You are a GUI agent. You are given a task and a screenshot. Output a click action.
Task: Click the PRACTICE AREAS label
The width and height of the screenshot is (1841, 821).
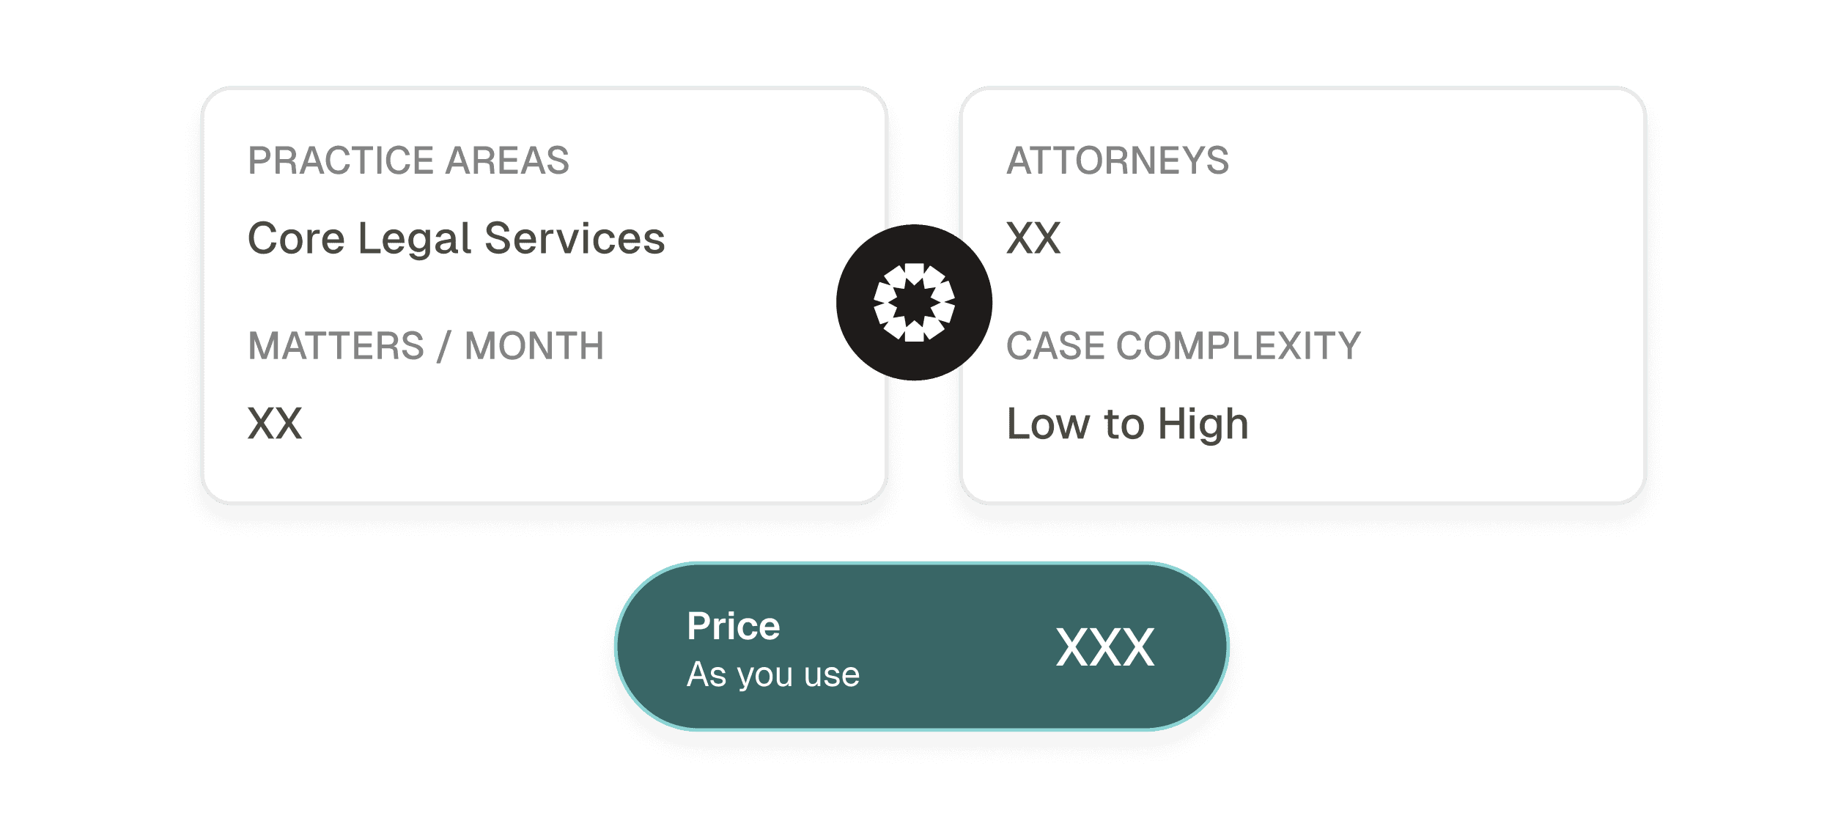click(x=408, y=161)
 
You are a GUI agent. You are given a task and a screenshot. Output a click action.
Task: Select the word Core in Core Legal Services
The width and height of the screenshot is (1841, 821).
click(x=296, y=238)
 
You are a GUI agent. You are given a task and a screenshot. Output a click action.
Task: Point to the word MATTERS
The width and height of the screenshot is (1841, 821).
click(x=336, y=346)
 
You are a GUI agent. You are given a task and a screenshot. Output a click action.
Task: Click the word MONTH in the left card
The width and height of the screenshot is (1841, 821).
click(x=534, y=346)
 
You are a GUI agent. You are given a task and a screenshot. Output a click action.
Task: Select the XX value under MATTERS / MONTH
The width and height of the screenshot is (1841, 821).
click(x=275, y=424)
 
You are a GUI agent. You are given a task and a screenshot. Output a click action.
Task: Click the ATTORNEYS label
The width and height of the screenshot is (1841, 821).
click(x=1118, y=161)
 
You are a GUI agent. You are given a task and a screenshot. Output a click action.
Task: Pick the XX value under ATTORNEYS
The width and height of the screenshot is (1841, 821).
click(x=1033, y=238)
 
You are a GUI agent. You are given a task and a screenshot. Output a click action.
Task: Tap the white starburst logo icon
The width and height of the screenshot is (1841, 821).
click(x=914, y=302)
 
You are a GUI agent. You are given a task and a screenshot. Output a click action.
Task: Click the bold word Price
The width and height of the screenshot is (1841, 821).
click(x=734, y=626)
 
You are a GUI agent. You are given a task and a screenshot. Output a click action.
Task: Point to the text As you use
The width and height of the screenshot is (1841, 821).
click(x=773, y=674)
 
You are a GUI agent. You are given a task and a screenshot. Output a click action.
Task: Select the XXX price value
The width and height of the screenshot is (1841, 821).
click(x=1105, y=647)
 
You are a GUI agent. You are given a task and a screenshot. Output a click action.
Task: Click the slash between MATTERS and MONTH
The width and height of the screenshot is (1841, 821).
click(x=443, y=346)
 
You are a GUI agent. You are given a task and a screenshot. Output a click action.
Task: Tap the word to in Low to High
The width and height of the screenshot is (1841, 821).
click(x=1124, y=424)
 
